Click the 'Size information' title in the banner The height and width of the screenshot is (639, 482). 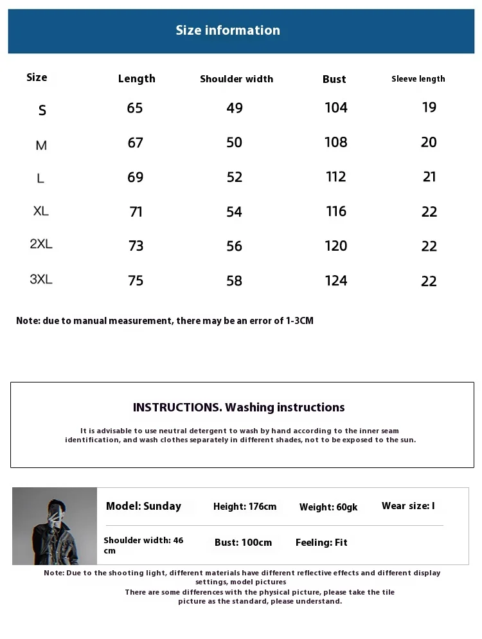(228, 30)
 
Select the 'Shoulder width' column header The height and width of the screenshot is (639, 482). (237, 79)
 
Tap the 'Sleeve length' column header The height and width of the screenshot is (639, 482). (418, 79)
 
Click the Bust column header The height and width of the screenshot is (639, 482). (334, 79)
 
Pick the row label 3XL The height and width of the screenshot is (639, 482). (41, 280)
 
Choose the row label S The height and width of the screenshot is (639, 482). (42, 111)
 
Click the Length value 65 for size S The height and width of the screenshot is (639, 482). (135, 108)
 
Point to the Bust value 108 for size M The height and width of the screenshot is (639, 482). (335, 142)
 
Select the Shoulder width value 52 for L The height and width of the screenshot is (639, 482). (235, 177)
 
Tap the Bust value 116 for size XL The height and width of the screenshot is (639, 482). (335, 212)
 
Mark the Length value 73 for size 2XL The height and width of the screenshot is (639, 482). (136, 246)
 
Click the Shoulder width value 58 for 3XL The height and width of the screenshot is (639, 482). (235, 281)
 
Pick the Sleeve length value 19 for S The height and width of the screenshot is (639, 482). (429, 107)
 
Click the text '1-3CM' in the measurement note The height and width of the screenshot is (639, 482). (299, 321)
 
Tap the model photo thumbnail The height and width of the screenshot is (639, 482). (55, 526)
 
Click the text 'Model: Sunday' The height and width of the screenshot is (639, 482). (143, 507)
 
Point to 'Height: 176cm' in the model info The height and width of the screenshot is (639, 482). (245, 507)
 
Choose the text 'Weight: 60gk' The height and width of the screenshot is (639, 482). (328, 507)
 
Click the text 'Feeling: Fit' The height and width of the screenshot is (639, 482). (321, 543)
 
